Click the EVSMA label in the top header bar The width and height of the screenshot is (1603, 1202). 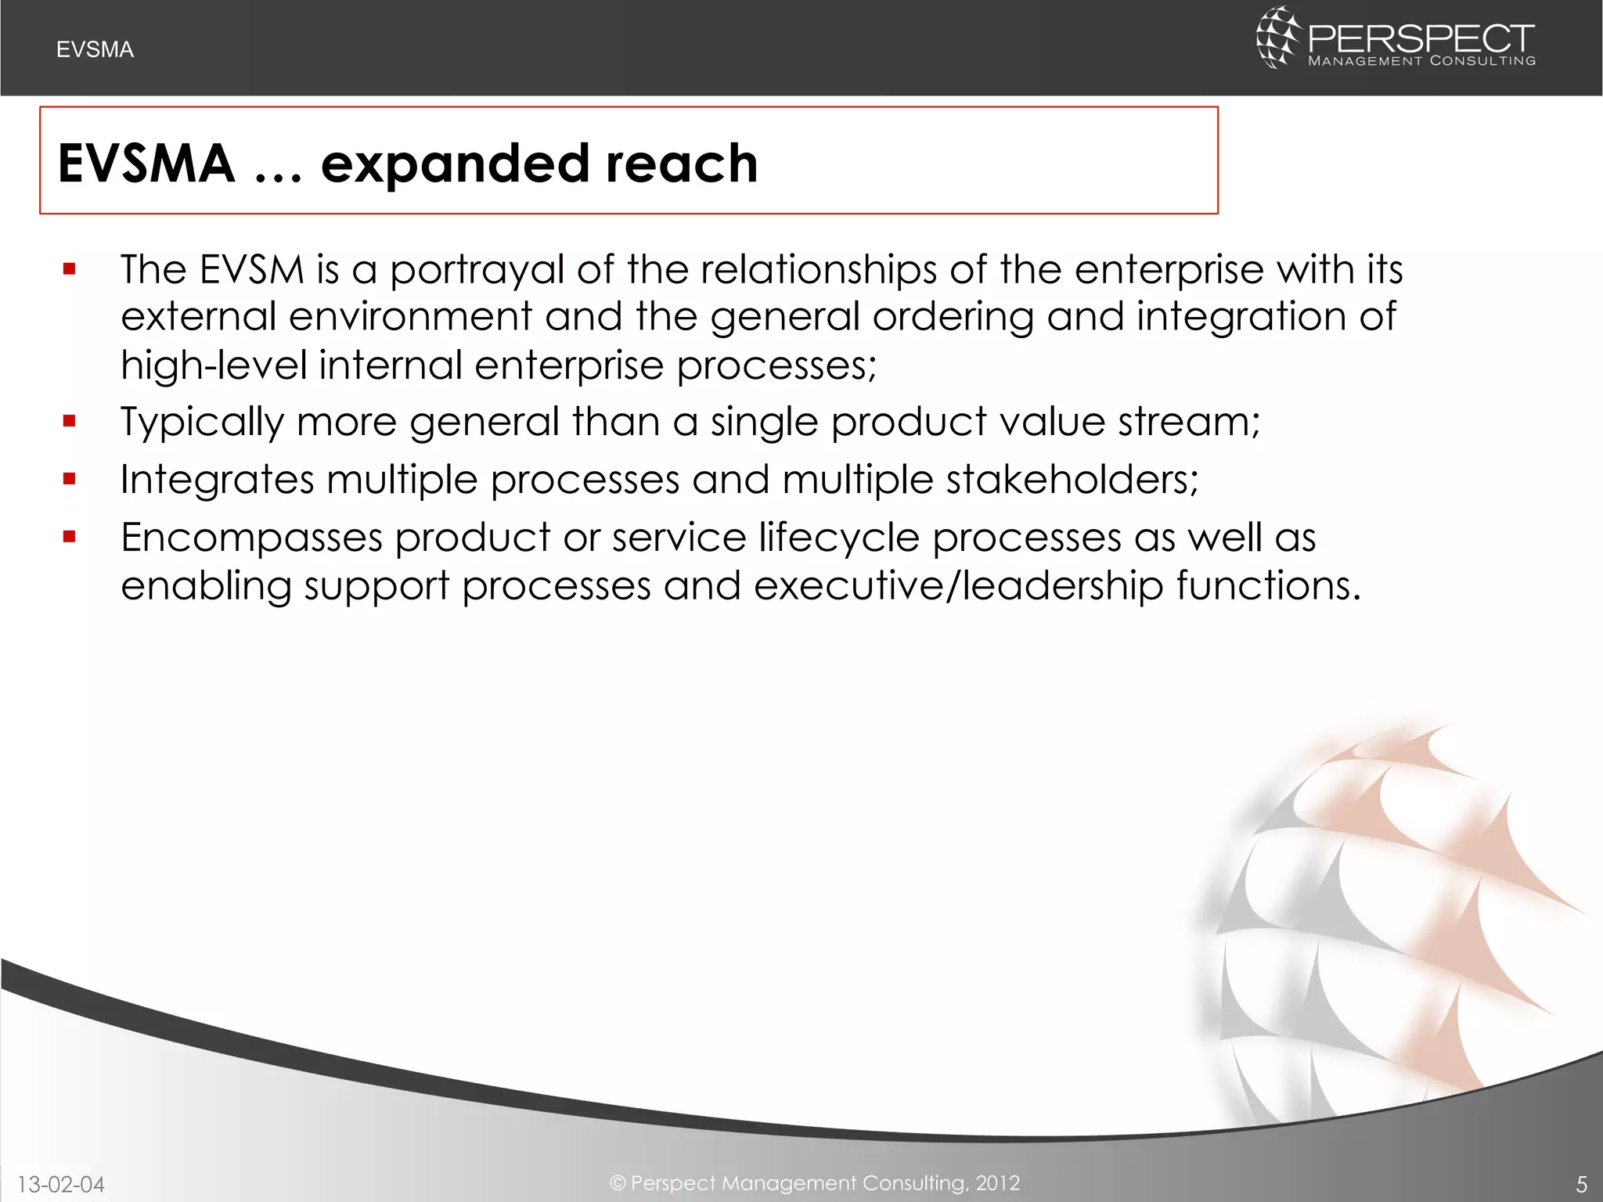(95, 50)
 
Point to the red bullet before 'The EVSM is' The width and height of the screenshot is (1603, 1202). (70, 270)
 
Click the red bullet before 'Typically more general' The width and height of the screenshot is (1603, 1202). (70, 422)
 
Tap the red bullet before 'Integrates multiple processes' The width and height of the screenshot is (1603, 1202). (70, 479)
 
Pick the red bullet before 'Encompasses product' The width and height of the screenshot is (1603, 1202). (70, 537)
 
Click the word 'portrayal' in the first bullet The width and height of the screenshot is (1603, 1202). (477, 271)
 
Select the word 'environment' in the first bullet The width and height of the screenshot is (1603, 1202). (410, 317)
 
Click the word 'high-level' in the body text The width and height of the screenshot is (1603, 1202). (213, 365)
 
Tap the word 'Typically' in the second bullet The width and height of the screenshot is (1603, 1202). (201, 423)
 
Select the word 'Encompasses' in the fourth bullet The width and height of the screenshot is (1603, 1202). (250, 538)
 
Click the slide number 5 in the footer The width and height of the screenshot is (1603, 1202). (1581, 1184)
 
